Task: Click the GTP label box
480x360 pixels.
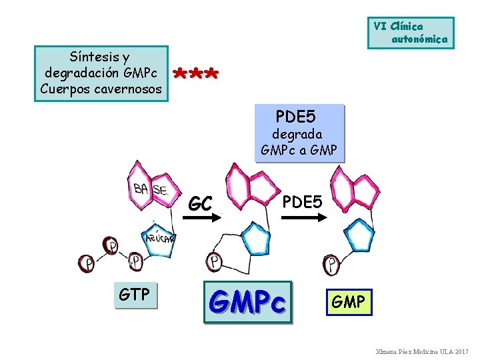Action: click(x=134, y=295)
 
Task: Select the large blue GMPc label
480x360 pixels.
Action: click(x=247, y=301)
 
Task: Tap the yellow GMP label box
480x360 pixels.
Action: click(x=348, y=303)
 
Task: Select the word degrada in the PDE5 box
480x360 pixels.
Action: click(x=297, y=134)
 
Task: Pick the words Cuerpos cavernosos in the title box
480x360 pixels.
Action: click(x=101, y=89)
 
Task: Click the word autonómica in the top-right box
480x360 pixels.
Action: click(x=419, y=39)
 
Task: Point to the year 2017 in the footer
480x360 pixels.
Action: click(x=461, y=351)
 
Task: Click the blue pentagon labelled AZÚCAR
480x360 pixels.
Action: click(x=158, y=238)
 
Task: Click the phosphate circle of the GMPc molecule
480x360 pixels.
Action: click(x=215, y=261)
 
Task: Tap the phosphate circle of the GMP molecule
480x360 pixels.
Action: click(x=331, y=264)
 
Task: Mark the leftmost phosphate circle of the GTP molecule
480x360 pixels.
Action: click(x=87, y=263)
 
